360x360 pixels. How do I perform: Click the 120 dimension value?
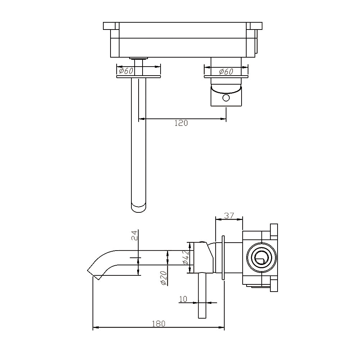tap(181, 123)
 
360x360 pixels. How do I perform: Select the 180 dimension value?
tap(158, 323)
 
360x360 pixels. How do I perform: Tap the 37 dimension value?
tap(229, 216)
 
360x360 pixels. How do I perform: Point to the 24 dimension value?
tap(134, 235)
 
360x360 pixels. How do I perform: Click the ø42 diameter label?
tap(185, 257)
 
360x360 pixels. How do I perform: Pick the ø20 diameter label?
tap(163, 278)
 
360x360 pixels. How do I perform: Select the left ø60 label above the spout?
tap(126, 71)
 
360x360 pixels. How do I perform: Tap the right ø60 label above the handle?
tap(226, 72)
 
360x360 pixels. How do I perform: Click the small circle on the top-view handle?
tap(226, 98)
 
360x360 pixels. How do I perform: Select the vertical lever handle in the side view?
tap(202, 295)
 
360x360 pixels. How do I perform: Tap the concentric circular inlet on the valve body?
tap(261, 258)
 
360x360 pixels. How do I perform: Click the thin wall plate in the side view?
tap(224, 257)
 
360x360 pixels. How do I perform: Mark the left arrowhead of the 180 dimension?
tap(95, 328)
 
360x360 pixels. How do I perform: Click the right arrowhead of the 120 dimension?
tap(224, 118)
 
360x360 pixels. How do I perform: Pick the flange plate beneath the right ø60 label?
tap(226, 77)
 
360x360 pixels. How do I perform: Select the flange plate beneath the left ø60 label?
tap(139, 77)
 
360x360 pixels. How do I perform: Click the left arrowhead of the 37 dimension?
tap(217, 219)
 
